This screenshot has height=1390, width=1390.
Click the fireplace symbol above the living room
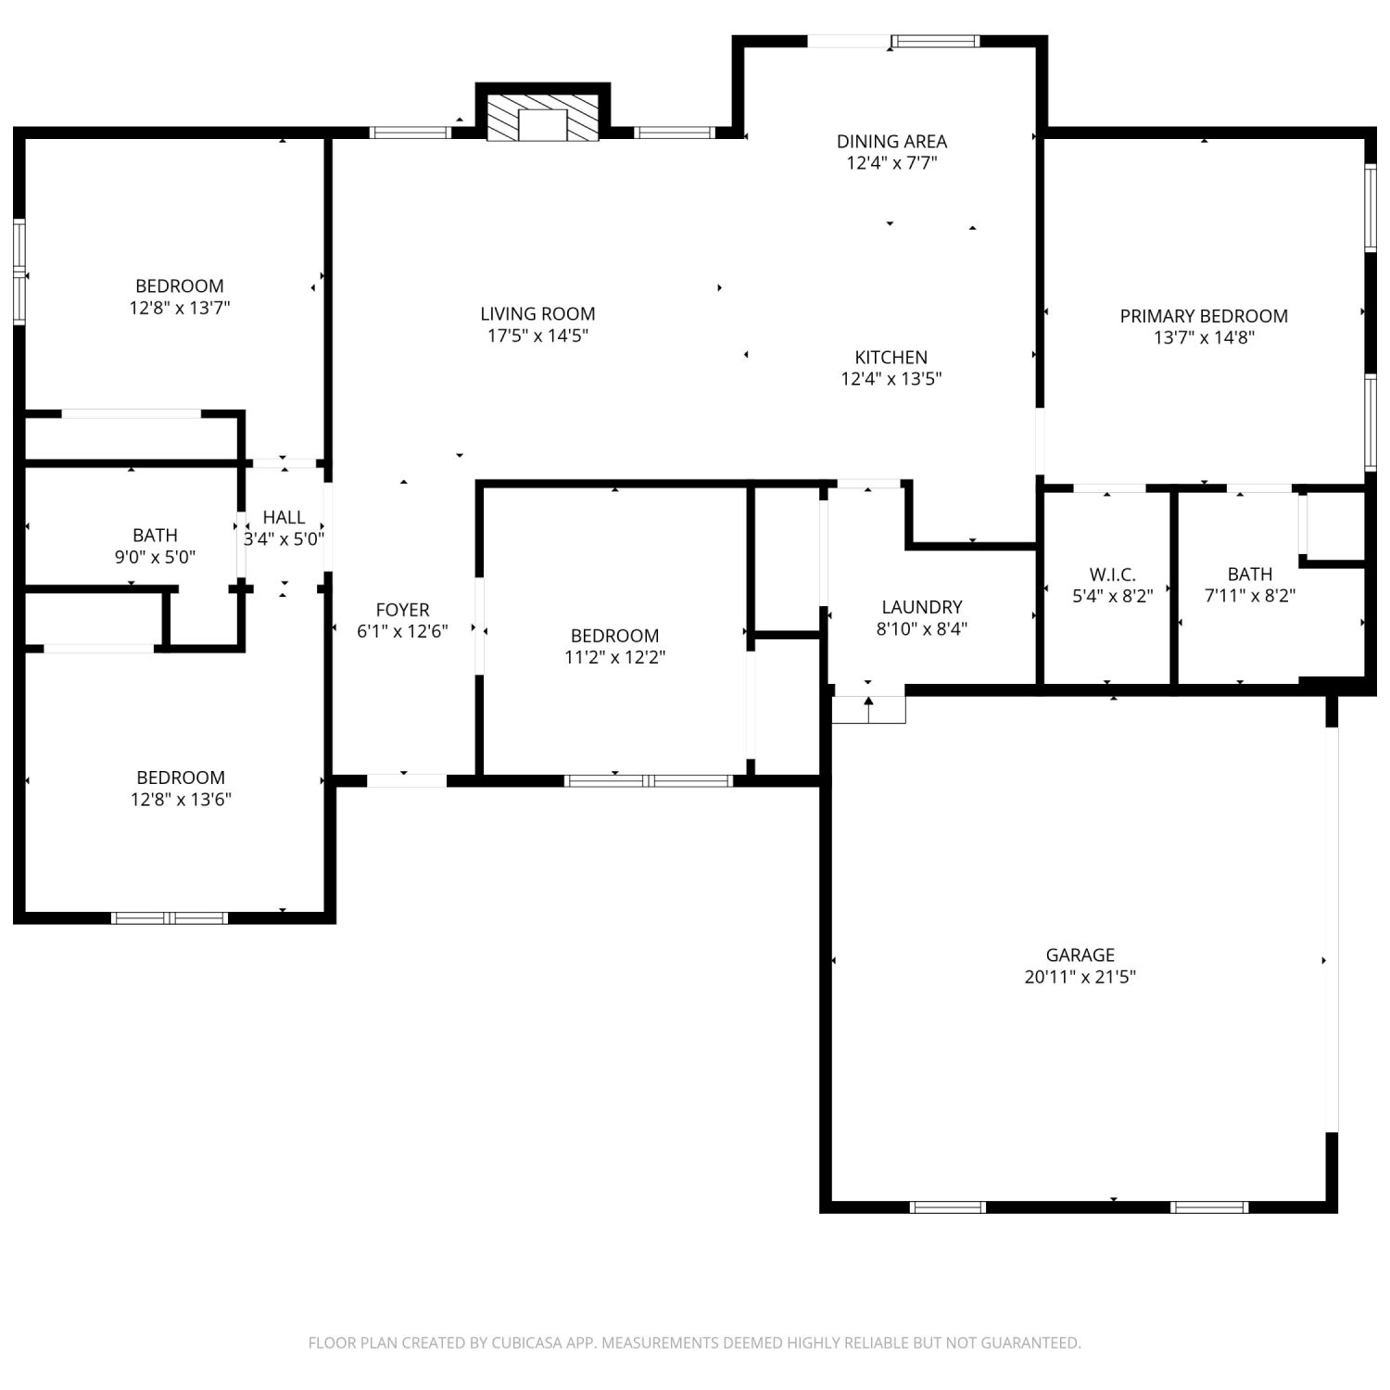pyautogui.click(x=542, y=116)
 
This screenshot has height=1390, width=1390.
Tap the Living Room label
pyautogui.click(x=537, y=314)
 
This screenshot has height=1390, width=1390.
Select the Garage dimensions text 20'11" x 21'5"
pyautogui.click(x=1080, y=977)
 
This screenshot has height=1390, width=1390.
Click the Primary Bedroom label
pyautogui.click(x=1204, y=316)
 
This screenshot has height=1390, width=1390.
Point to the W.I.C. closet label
pyautogui.click(x=1113, y=575)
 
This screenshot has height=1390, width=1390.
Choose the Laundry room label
pyautogui.click(x=922, y=607)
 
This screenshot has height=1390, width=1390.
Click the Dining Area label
pyautogui.click(x=891, y=142)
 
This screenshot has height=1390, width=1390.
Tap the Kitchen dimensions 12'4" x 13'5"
pyautogui.click(x=891, y=379)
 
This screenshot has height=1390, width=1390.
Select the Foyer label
pyautogui.click(x=402, y=610)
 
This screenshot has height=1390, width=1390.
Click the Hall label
pyautogui.click(x=284, y=517)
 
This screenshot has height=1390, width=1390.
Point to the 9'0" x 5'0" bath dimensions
pyautogui.click(x=155, y=557)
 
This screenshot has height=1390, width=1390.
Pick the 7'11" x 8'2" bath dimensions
pyautogui.click(x=1250, y=596)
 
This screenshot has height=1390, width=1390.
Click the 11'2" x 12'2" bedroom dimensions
pyautogui.click(x=615, y=658)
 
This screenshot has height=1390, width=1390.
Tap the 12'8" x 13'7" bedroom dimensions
pyautogui.click(x=180, y=308)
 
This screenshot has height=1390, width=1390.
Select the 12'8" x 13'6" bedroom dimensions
pyautogui.click(x=181, y=800)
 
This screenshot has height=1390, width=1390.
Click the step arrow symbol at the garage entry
pyautogui.click(x=868, y=710)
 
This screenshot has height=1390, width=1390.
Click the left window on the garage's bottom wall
pyautogui.click(x=947, y=1207)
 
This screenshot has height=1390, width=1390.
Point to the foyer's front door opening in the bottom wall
pyautogui.click(x=407, y=780)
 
